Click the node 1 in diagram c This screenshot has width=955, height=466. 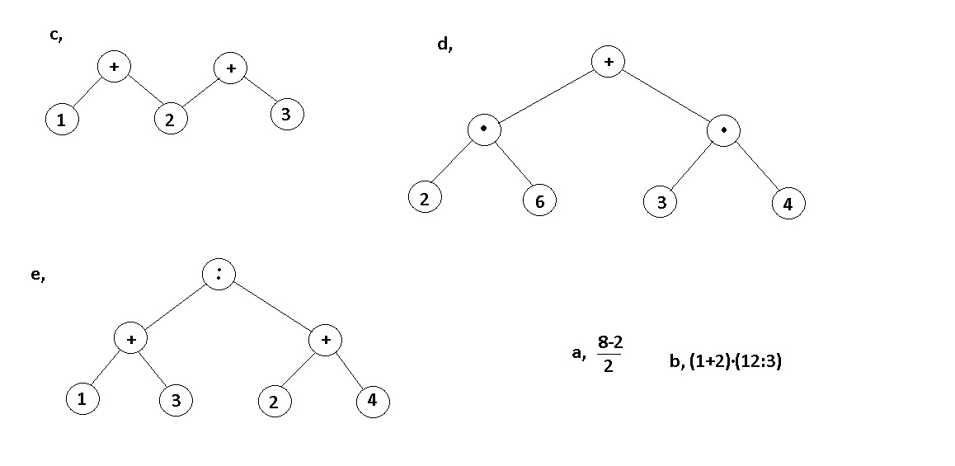click(61, 120)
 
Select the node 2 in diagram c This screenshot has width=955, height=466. click(170, 120)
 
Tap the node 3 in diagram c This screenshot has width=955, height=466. click(286, 115)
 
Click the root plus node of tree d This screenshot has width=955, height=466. click(608, 62)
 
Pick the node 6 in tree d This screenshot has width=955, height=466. click(539, 200)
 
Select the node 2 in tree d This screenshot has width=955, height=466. click(425, 198)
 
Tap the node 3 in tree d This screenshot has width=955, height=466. click(661, 203)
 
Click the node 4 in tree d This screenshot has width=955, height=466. click(788, 205)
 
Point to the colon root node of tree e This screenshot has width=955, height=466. click(219, 275)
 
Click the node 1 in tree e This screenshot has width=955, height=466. click(82, 399)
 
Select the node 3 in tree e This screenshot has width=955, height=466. click(176, 402)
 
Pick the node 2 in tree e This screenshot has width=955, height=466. click(274, 402)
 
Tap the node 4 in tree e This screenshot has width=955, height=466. click(372, 402)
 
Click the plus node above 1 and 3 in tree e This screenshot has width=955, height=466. click(130, 340)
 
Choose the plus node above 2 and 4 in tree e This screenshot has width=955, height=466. click(325, 340)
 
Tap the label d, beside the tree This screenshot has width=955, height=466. click(445, 45)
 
